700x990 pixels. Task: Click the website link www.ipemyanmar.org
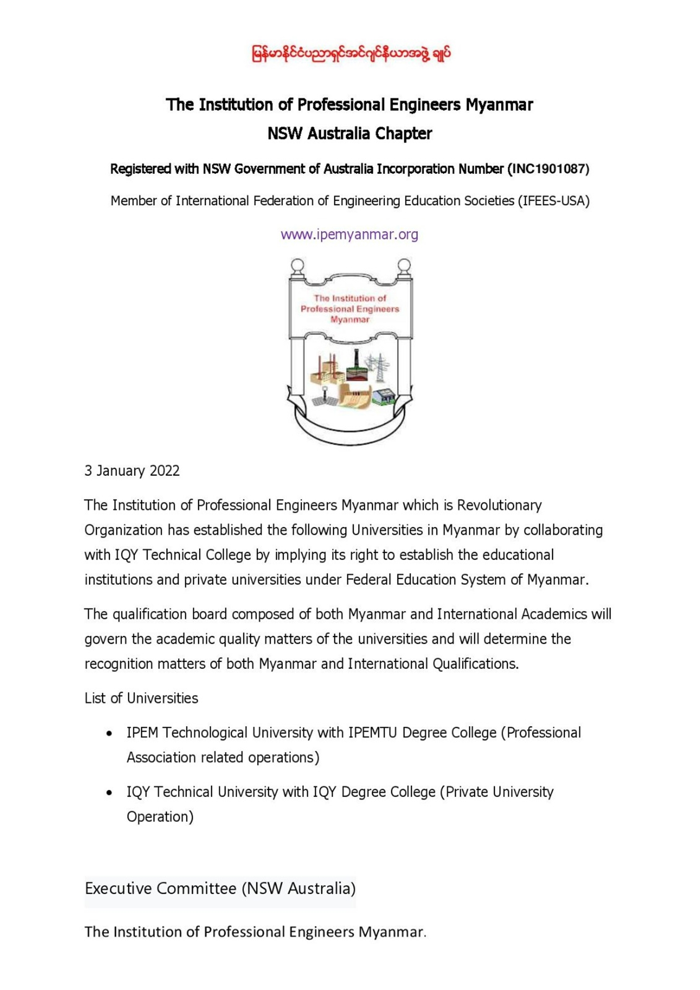(x=349, y=235)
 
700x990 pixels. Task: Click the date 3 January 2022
(x=132, y=470)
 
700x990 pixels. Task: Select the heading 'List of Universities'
(x=141, y=698)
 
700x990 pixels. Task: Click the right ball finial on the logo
(x=404, y=264)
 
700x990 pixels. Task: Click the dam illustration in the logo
(x=354, y=395)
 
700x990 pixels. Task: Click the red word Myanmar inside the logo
(x=350, y=319)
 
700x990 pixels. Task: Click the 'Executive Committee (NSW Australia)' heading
(x=220, y=888)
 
